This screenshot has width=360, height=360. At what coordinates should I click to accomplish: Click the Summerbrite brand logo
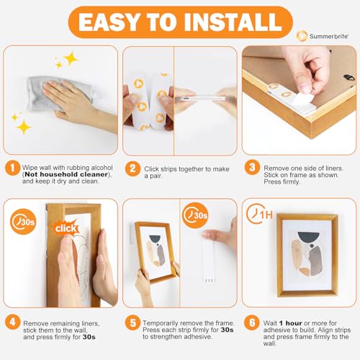321,35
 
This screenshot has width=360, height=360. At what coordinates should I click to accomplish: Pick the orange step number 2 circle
132,170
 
